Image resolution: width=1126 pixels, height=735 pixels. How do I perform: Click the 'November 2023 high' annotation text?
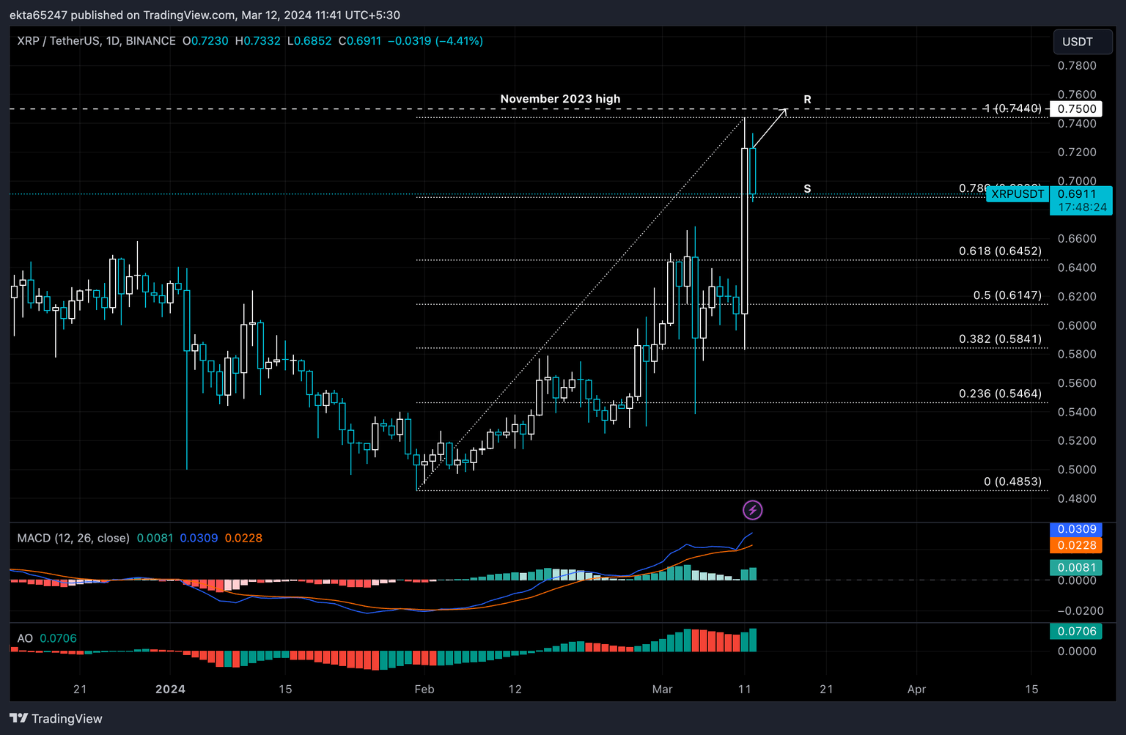[x=560, y=99]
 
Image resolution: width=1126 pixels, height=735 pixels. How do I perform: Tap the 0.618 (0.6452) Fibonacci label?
[x=1000, y=251]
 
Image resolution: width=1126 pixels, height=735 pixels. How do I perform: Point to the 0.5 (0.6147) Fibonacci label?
[x=1007, y=295]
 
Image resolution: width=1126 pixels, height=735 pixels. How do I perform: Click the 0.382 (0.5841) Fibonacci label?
[x=1000, y=339]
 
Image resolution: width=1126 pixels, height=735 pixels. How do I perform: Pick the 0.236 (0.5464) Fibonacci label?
[x=1000, y=394]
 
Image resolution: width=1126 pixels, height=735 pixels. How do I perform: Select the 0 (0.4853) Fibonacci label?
[x=1012, y=481]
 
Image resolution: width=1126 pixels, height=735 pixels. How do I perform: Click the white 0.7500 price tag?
[x=1076, y=109]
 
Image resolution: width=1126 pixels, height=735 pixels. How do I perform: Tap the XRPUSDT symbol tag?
[x=1018, y=194]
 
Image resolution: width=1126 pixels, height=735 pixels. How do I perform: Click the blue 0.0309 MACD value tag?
[x=1076, y=529]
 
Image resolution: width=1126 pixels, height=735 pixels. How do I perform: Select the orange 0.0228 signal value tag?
[x=1076, y=545]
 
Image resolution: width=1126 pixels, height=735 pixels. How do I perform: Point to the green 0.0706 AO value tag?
[x=1076, y=631]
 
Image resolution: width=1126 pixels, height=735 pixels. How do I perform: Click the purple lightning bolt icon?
[x=752, y=510]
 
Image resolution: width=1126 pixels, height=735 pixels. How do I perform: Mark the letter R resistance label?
[x=807, y=100]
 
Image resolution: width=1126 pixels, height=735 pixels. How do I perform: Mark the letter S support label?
[x=807, y=189]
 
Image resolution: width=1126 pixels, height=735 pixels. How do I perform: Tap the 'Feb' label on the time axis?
[x=424, y=690]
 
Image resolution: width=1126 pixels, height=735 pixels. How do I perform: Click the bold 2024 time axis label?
[x=170, y=690]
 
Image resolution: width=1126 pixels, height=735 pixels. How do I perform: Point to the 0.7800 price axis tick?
[x=1076, y=66]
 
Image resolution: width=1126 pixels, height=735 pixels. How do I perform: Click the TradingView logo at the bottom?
[x=56, y=719]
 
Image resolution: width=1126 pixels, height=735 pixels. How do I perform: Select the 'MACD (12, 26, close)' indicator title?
[x=73, y=538]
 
